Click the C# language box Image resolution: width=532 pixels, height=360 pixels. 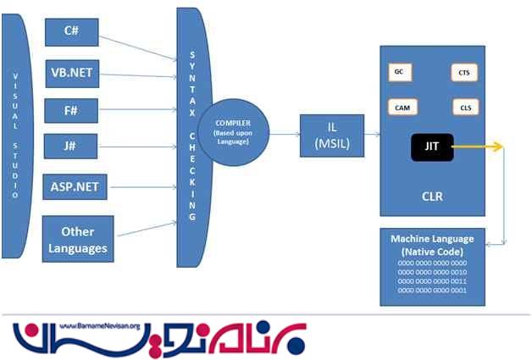71,32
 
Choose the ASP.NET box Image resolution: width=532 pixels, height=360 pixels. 76,186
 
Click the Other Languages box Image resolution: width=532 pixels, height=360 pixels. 77,239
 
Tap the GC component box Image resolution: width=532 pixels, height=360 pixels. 398,72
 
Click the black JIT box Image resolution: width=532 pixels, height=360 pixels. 431,148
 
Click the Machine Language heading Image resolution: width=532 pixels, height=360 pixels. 432,245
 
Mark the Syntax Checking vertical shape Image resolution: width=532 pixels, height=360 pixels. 191,136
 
